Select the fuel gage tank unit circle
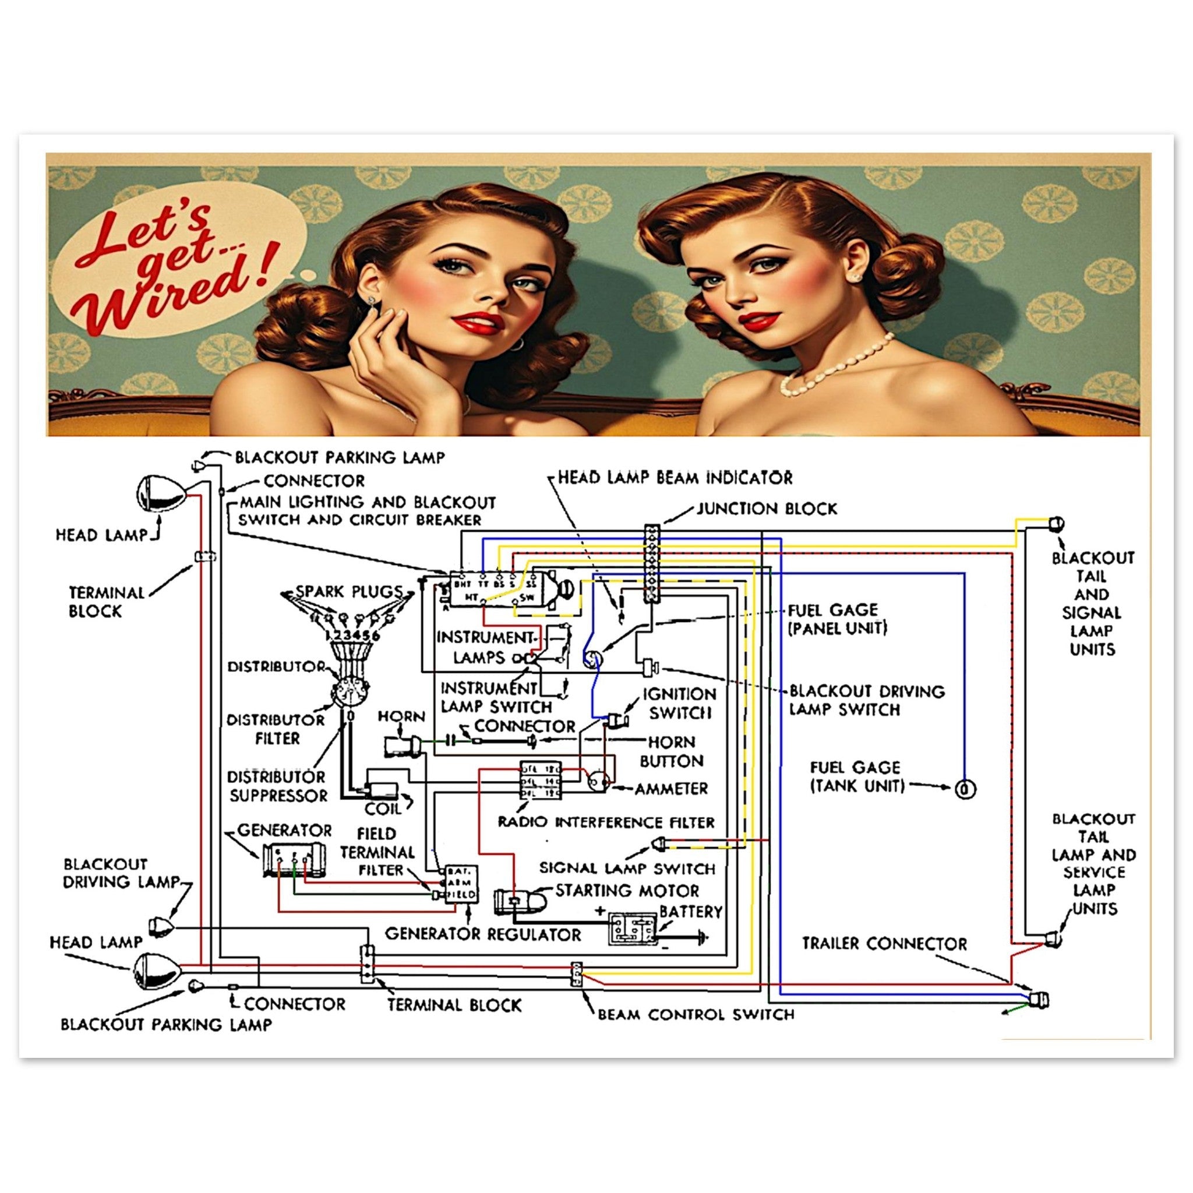tap(965, 789)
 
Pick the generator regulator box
tap(461, 884)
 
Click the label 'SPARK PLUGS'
tap(349, 591)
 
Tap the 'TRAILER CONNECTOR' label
tap(884, 943)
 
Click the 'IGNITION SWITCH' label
tap(679, 703)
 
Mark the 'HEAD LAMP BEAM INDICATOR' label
tap(675, 477)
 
